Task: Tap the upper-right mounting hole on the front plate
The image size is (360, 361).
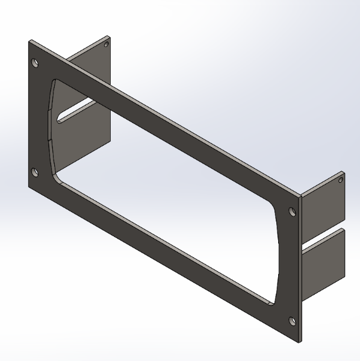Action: (292, 212)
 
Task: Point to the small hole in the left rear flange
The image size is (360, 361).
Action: (107, 45)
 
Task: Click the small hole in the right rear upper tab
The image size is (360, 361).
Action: (340, 180)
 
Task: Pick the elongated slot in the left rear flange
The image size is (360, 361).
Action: (75, 111)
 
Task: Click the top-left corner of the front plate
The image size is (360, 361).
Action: (29, 41)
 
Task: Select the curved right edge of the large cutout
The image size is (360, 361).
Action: (278, 253)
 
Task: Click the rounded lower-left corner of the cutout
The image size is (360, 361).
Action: (56, 175)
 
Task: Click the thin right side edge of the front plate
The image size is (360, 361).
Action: (299, 271)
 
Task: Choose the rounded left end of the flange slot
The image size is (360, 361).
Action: (60, 119)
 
